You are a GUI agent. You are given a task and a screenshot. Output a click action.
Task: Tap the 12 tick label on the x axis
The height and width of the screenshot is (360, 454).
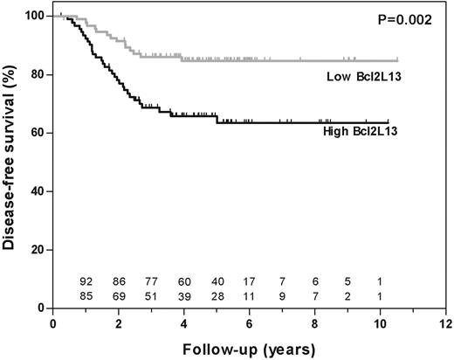pyautogui.click(x=447, y=322)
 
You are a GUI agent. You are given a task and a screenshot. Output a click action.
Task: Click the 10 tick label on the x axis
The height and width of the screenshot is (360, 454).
pyautogui.click(x=382, y=322)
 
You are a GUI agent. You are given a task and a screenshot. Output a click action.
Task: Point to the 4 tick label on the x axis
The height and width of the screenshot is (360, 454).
pyautogui.click(x=184, y=322)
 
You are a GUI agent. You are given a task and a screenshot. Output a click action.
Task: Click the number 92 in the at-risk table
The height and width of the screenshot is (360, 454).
pyautogui.click(x=86, y=282)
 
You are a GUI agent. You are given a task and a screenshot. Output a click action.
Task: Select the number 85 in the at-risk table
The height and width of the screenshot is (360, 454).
pyautogui.click(x=86, y=296)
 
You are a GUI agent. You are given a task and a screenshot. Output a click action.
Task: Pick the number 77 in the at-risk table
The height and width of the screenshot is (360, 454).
pyautogui.click(x=152, y=282)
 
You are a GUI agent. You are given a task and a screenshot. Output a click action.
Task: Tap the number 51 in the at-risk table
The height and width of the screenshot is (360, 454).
pyautogui.click(x=152, y=296)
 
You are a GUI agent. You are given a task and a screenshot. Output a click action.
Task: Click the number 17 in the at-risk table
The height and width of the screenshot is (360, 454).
pyautogui.click(x=250, y=282)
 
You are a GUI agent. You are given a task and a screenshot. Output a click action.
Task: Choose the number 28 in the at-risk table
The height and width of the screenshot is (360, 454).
pyautogui.click(x=217, y=296)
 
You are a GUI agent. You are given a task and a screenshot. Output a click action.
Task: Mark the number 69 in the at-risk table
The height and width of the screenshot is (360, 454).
pyautogui.click(x=120, y=296)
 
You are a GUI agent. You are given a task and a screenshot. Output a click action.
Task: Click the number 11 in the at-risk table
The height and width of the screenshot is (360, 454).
pyautogui.click(x=250, y=296)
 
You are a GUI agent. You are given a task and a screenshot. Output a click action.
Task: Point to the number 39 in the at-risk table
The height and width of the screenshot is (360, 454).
pyautogui.click(x=184, y=296)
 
